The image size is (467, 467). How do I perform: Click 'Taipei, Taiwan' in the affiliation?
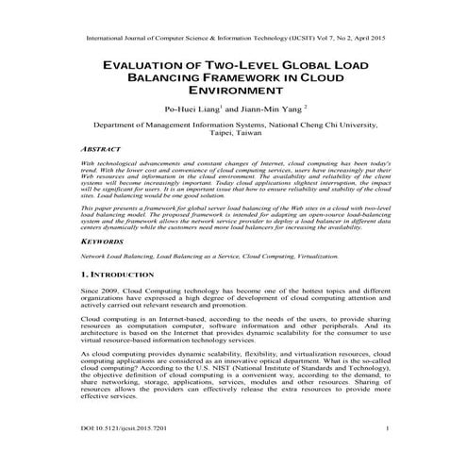(x=233, y=134)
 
